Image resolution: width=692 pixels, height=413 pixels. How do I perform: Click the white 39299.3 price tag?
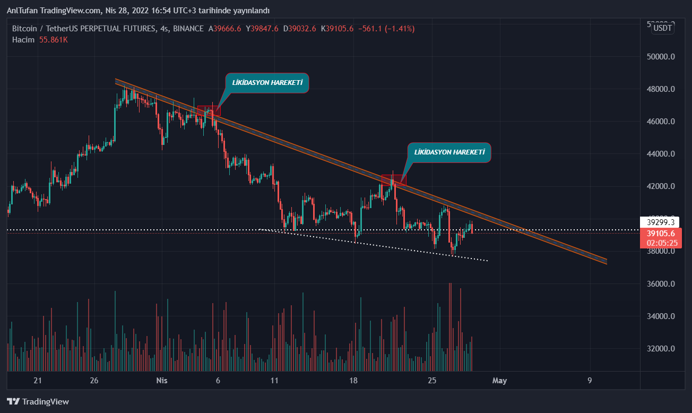[x=661, y=222]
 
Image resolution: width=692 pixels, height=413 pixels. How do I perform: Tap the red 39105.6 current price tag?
[x=661, y=234]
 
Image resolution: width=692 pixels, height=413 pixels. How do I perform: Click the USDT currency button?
[x=663, y=28]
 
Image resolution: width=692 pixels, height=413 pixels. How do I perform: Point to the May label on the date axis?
[x=500, y=380]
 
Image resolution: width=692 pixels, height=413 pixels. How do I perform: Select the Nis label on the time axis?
[x=162, y=380]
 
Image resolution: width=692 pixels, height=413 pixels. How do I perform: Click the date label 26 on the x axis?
[x=94, y=380]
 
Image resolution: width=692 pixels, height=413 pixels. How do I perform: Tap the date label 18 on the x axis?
[x=354, y=380]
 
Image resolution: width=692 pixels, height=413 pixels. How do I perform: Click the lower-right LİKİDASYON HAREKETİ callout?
[x=449, y=152]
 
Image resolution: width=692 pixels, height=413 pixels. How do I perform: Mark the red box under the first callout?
[x=209, y=110]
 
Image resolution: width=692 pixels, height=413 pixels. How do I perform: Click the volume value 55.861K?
[x=54, y=40]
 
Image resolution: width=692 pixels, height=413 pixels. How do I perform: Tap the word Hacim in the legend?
[x=23, y=40]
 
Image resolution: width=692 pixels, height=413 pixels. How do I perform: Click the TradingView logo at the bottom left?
[x=38, y=402]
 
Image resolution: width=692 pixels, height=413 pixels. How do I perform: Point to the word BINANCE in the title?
[x=188, y=29]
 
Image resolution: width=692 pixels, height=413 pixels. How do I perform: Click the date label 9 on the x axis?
[x=590, y=380]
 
